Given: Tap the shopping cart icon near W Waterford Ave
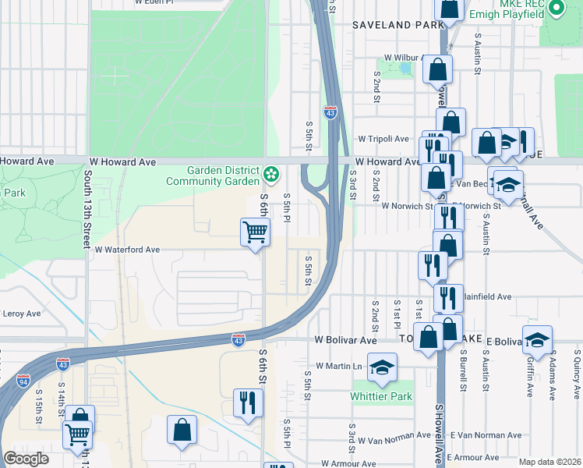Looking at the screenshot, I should click(x=255, y=232).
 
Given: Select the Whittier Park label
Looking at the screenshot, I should click(x=381, y=396).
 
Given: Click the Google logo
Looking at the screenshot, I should click(x=26, y=459).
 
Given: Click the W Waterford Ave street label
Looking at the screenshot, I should click(x=127, y=250).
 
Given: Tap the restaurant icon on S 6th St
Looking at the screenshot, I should click(x=249, y=402).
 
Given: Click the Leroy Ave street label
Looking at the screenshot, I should click(x=21, y=314).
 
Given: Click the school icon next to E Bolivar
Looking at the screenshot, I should click(x=537, y=340).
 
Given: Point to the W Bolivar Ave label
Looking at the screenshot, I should click(x=345, y=340).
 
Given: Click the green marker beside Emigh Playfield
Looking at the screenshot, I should click(x=556, y=9).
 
